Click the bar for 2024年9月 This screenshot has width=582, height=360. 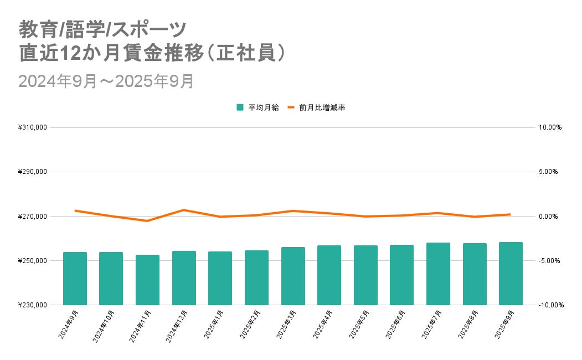pos(75,279)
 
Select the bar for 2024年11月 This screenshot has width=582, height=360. pos(147,280)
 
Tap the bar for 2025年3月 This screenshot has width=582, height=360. pos(293,276)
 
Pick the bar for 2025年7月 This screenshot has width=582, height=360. pos(438,274)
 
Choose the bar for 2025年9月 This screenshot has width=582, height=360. pos(511,274)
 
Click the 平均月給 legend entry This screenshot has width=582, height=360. pos(258,107)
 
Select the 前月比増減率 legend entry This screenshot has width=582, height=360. pos(317,107)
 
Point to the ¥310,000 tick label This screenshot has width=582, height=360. pos(33,127)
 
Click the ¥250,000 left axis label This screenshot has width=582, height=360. pos(33,260)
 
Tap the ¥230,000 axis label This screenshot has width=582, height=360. pos(33,305)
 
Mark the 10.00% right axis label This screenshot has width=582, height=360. pos(550,127)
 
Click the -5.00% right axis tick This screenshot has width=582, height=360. pos(549,260)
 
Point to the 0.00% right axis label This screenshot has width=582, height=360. pos(548,217)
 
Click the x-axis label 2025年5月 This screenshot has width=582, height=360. pos(359,325)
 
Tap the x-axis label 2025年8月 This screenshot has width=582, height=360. pos(468,325)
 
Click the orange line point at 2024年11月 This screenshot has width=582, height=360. pos(147,221)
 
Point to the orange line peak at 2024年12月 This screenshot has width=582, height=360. pos(184,210)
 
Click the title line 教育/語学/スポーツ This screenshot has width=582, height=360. pos(102,30)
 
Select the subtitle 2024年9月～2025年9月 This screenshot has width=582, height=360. pos(106,81)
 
